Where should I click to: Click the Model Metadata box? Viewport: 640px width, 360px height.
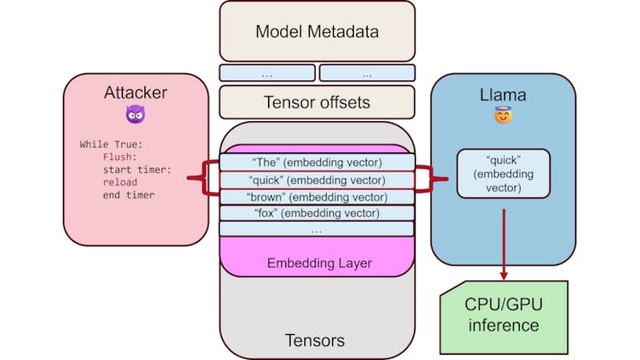click(x=317, y=32)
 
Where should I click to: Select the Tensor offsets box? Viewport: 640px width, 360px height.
click(x=317, y=102)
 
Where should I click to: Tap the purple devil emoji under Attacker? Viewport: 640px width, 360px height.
click(x=136, y=113)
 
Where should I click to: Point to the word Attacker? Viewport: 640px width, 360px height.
click(x=135, y=93)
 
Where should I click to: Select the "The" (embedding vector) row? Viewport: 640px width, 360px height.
click(x=317, y=162)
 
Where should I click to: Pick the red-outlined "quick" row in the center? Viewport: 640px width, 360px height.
click(x=317, y=179)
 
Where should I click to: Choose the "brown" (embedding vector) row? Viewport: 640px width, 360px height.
click(x=317, y=196)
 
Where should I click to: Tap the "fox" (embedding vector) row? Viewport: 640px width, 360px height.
click(x=317, y=213)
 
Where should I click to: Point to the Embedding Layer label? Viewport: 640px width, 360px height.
click(x=317, y=262)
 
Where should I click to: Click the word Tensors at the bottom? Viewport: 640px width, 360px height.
click(x=317, y=340)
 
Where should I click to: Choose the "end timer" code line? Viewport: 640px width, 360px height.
click(x=128, y=195)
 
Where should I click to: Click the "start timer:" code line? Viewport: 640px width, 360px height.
click(x=137, y=170)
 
